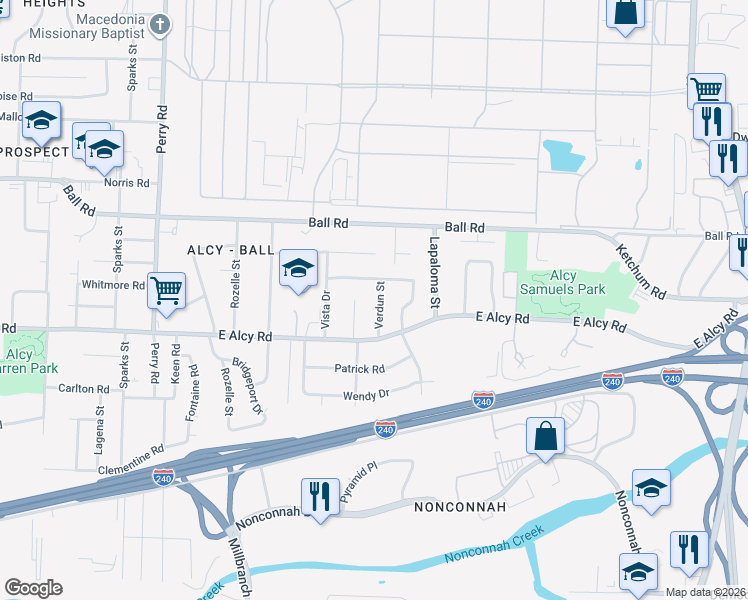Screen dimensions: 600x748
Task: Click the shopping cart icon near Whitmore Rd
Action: pos(166,291)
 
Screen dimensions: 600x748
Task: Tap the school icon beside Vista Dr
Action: pos(297,268)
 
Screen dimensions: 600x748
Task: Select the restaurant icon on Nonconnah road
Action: pos(319,496)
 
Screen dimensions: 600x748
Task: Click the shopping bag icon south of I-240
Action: pos(545,436)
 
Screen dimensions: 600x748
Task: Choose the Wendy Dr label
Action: pos(365,395)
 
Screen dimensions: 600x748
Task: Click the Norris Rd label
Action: pos(127,183)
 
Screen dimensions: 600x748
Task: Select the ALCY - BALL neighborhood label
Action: pos(231,249)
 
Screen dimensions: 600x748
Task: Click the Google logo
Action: pos(33,588)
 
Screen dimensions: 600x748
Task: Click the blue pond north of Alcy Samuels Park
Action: pos(563,156)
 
